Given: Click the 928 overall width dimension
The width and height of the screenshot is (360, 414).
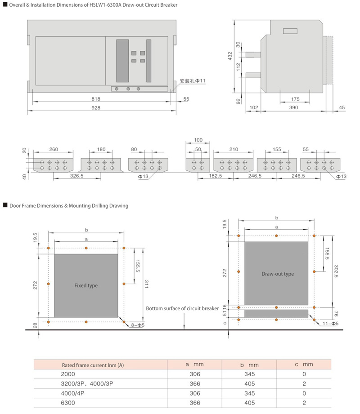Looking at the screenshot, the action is click(x=96, y=108).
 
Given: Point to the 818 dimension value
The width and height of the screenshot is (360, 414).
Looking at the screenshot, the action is click(x=96, y=99).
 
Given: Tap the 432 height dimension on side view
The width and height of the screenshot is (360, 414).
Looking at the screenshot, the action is click(x=230, y=56).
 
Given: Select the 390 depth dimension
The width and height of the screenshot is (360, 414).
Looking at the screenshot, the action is click(x=293, y=107).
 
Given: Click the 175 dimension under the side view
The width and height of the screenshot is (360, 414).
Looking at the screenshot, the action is click(x=295, y=99).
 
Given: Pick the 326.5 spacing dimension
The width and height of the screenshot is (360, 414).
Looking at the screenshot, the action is click(x=76, y=176).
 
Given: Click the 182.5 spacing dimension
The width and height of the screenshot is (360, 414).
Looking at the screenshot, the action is click(x=216, y=176).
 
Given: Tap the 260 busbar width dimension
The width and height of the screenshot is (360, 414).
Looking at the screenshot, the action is click(x=54, y=149).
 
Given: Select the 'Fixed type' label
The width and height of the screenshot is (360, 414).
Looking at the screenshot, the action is click(x=86, y=285).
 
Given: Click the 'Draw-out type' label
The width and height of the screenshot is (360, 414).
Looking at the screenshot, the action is click(x=278, y=274).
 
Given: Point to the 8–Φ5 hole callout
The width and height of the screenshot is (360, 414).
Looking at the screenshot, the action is click(x=138, y=325).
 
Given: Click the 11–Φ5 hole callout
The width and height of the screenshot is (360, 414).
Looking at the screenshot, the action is click(x=330, y=324).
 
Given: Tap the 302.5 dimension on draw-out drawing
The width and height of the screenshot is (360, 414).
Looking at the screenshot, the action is click(x=336, y=272).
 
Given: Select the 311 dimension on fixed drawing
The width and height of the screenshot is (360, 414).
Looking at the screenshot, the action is click(x=146, y=284).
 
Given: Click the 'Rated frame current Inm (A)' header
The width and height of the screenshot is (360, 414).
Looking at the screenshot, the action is click(x=93, y=365).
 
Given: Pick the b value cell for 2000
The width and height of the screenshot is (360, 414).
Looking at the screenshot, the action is click(x=249, y=374).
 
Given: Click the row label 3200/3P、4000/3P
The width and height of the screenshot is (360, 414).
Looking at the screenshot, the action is click(x=87, y=383).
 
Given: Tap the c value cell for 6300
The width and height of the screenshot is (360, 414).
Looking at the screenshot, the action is click(x=304, y=403).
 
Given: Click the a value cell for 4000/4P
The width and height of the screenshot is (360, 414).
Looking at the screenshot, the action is click(x=195, y=393).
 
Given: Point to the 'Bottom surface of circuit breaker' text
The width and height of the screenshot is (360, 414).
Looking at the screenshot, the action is click(x=182, y=308).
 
